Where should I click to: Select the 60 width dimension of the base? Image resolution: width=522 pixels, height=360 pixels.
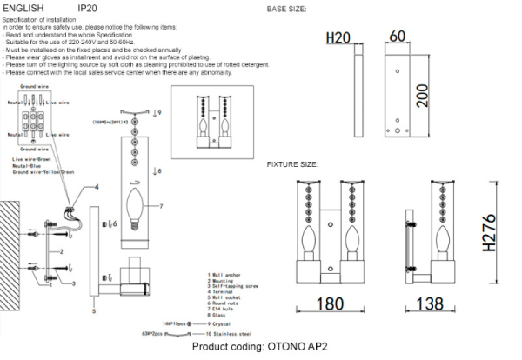click(398, 36)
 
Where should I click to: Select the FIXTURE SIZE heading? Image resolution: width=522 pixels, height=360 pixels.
click(294, 163)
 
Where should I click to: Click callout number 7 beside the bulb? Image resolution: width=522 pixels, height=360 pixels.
click(161, 206)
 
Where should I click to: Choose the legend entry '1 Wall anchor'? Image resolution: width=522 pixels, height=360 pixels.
click(226, 272)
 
